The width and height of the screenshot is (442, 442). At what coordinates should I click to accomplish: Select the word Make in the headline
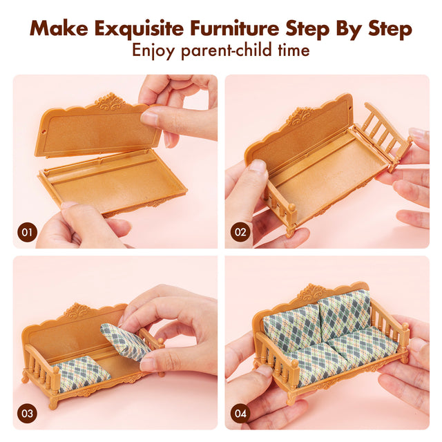tap(57, 29)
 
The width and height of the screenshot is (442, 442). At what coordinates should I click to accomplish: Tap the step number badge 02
tap(240, 232)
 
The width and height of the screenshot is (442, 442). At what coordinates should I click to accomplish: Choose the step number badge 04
tap(240, 414)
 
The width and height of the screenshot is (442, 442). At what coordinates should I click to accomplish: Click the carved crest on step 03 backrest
tap(77, 311)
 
